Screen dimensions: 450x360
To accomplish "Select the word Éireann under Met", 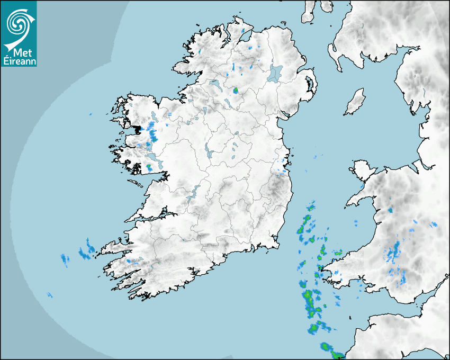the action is [19, 61].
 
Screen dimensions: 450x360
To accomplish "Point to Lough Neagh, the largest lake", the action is [275, 73].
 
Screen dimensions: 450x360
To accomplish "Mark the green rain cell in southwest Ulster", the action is [236, 91].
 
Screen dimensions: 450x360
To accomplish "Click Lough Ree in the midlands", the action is [208, 154].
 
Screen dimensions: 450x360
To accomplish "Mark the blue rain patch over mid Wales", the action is [394, 252].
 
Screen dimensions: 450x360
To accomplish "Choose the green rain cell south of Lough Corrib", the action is [149, 167].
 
